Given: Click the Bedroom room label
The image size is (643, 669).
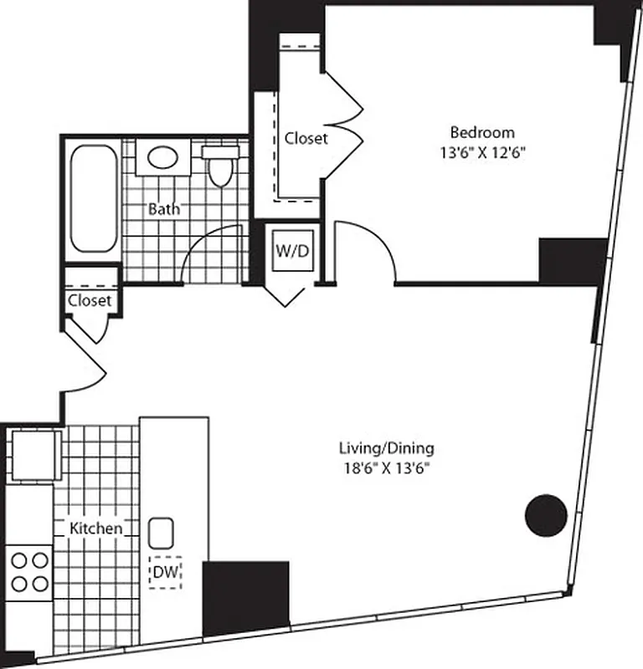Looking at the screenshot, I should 482,132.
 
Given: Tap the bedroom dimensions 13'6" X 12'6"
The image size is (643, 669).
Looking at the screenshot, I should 482,152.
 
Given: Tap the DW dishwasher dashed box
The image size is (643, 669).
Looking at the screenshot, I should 165,573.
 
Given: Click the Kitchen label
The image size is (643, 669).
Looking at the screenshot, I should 95,529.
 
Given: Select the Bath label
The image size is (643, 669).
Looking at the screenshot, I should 163,209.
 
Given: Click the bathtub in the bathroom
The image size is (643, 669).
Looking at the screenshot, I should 94,198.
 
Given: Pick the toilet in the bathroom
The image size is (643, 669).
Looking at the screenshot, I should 221,166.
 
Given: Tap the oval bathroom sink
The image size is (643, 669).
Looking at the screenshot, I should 162,157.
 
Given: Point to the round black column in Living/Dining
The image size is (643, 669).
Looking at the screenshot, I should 546,514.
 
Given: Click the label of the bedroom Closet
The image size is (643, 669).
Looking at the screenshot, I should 306,138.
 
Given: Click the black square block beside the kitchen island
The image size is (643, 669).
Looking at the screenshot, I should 246,597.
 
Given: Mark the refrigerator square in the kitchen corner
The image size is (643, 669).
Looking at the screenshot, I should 33,455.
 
